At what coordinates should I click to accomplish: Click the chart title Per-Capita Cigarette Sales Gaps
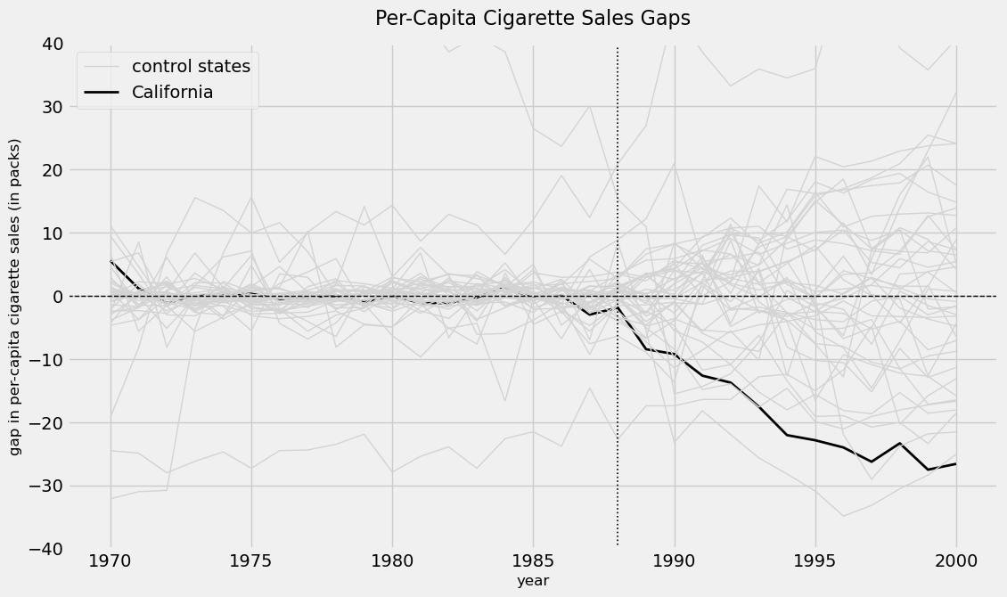(532, 18)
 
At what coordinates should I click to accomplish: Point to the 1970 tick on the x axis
(111, 561)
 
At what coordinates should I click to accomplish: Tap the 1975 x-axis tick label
(251, 561)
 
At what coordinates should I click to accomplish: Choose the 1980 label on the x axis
(392, 561)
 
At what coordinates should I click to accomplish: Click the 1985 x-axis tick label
(533, 561)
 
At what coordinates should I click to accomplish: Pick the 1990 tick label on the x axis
(675, 561)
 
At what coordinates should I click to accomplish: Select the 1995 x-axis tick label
(815, 561)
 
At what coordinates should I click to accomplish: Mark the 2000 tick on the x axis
(956, 561)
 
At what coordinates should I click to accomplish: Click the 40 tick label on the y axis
(53, 44)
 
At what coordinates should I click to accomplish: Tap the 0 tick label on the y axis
(59, 297)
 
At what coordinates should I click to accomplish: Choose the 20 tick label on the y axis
(53, 170)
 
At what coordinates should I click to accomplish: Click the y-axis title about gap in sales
(15, 297)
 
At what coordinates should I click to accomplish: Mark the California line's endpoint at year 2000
(956, 463)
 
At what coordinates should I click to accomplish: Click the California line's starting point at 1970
(111, 260)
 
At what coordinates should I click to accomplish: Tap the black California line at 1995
(815, 440)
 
